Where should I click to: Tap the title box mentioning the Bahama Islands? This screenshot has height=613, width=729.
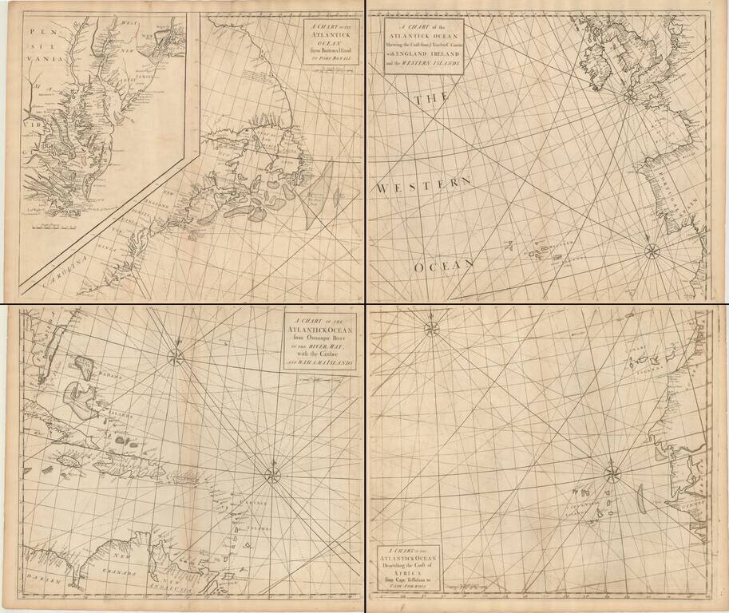(319, 342)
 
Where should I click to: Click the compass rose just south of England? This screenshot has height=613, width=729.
(630, 97)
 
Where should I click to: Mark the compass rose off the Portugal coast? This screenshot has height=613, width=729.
(652, 252)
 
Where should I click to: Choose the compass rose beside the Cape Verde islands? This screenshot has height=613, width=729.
(612, 474)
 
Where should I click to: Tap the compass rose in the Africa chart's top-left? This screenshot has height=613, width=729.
(432, 328)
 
